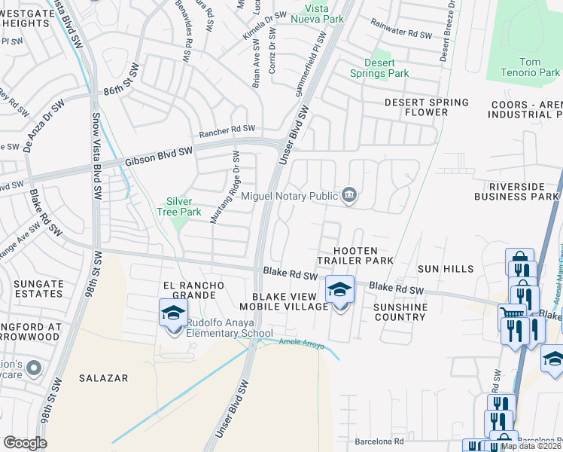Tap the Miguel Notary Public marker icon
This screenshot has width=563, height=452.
[x=348, y=195]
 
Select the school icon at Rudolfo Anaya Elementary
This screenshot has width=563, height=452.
[x=173, y=313]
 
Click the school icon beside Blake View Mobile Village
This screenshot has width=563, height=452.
[x=339, y=289]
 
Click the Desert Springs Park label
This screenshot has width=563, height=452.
[x=379, y=68]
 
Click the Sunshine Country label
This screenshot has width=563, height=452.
[x=400, y=312]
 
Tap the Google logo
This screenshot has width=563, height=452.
[x=25, y=443]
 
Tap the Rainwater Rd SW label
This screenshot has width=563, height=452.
[x=400, y=35]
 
